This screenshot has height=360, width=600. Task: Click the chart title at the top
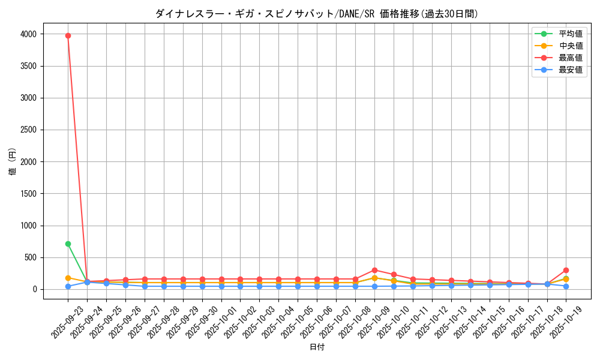[x=317, y=14]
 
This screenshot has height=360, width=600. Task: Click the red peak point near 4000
[x=68, y=35]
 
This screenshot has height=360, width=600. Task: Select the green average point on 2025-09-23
[x=68, y=244]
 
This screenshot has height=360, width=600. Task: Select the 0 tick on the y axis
[x=35, y=289]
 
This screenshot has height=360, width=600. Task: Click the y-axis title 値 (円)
[x=13, y=161]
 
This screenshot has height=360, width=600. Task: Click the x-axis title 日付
[x=317, y=347]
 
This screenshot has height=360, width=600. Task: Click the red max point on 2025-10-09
[x=374, y=270]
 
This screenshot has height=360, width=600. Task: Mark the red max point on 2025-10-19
[x=566, y=270]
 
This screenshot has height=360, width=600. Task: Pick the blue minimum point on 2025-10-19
[x=566, y=286]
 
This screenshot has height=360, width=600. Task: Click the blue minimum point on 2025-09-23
[x=68, y=286]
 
